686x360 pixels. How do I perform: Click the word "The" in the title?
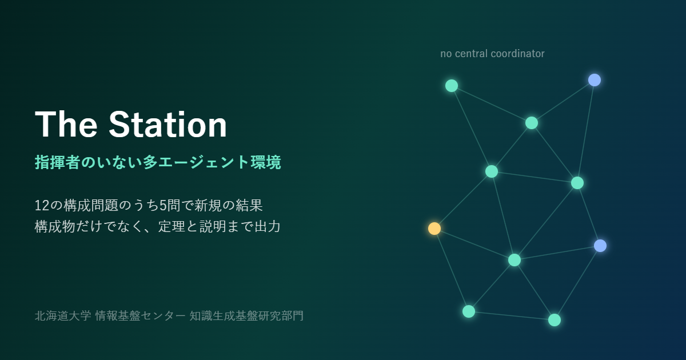point(66,124)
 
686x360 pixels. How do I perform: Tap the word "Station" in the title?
point(168,124)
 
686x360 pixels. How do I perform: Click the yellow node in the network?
point(434,229)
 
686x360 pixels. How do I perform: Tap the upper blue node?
point(595,80)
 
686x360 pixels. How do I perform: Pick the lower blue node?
point(600,246)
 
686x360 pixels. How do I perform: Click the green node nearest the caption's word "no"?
point(452,86)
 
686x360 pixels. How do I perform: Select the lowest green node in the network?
point(555,320)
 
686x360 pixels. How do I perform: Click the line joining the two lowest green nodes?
point(512,315)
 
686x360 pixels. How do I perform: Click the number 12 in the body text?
point(42,205)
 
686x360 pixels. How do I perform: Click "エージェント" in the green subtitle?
point(204,162)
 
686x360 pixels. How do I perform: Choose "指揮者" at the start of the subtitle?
point(58,162)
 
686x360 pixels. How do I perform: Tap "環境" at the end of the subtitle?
point(265,162)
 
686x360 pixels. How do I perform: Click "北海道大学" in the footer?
point(63,315)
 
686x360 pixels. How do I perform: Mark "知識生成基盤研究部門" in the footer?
point(246,315)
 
